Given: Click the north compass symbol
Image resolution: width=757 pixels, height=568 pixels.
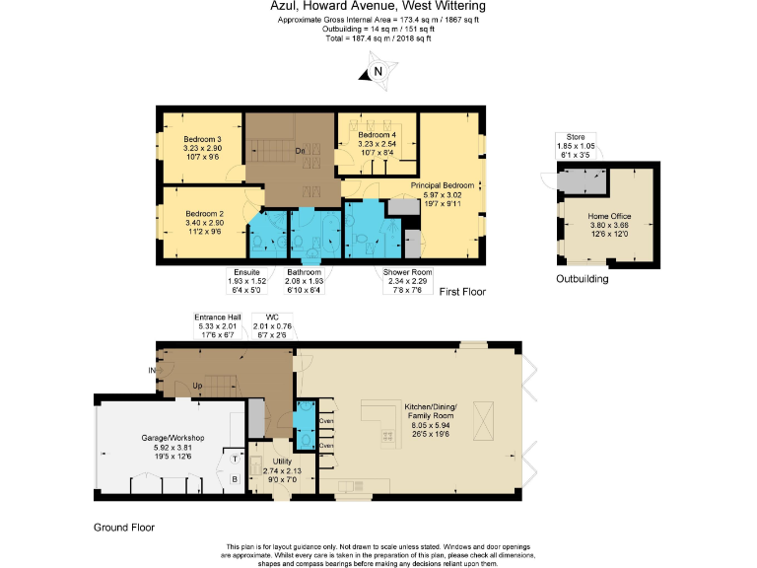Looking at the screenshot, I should pos(377,72).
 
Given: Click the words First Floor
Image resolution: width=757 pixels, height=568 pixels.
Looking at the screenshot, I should pos(462,292).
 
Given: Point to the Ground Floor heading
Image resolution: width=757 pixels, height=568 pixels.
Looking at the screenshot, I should pos(124,528).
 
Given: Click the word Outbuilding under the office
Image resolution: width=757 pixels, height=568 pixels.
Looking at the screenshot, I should pos(582,279).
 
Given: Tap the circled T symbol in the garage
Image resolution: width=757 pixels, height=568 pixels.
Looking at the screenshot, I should pos(235,459).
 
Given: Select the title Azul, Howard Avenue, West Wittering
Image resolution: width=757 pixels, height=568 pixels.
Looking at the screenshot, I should pos(378,7).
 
